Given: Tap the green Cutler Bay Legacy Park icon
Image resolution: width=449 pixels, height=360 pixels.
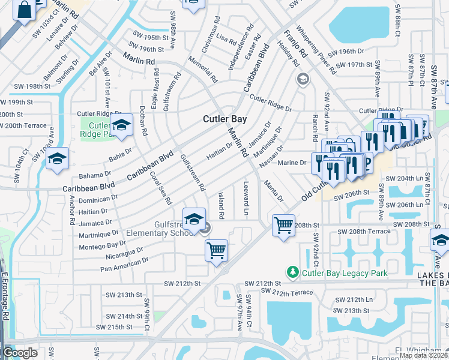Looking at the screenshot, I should [293, 273].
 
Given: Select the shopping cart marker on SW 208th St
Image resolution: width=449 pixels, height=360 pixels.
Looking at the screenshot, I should [283, 226].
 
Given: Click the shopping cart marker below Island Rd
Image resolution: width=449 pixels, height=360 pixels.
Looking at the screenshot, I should [216, 250].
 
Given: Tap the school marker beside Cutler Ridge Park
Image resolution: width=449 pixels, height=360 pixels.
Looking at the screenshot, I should [121, 125].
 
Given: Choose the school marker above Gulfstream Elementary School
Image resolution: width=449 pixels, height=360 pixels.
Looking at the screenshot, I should [194, 220].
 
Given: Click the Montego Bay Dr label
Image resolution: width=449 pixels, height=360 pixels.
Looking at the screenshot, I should [103, 245].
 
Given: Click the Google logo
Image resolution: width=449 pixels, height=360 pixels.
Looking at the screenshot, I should [20, 353].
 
